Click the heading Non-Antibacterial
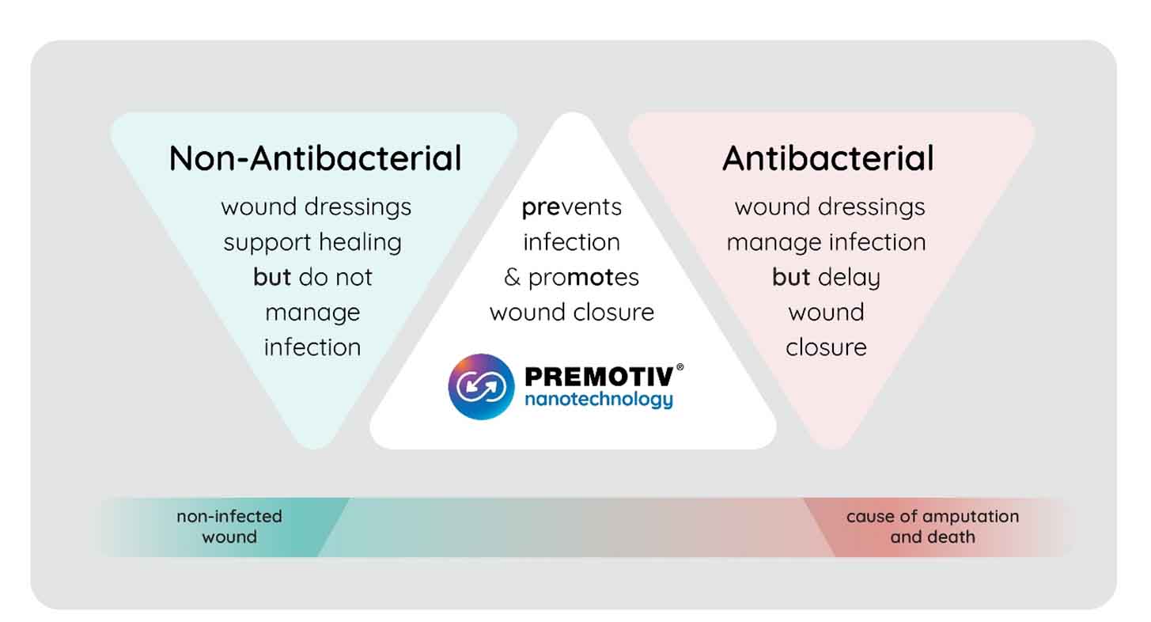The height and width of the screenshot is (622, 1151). [315, 157]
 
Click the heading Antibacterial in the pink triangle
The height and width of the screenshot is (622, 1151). [827, 157]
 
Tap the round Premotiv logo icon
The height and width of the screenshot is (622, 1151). [481, 386]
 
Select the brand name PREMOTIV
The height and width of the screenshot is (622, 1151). [599, 377]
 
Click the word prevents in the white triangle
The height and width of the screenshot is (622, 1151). [571, 207]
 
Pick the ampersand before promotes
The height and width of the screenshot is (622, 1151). [513, 277]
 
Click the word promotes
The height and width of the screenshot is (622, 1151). [583, 278]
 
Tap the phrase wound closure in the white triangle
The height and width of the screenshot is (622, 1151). [572, 312]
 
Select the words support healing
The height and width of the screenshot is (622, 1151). [312, 243]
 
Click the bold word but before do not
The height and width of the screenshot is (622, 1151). [272, 276]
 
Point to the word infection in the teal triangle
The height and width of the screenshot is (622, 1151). [312, 347]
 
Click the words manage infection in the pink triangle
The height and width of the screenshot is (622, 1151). [826, 243]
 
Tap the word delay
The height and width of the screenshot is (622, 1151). [850, 278]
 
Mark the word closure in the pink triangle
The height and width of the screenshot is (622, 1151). [826, 347]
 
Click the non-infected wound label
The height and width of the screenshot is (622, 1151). [229, 526]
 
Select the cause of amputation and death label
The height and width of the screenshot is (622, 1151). [933, 526]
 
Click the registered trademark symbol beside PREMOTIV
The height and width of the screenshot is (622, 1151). [680, 367]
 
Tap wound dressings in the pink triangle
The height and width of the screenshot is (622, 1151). [829, 207]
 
